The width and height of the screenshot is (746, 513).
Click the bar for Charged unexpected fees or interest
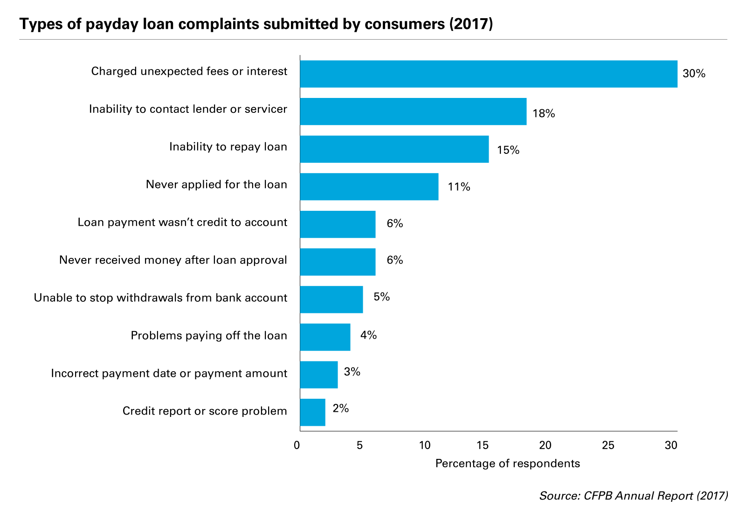488,74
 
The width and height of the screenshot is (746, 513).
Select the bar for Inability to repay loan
394,149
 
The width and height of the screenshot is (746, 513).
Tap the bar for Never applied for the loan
369,187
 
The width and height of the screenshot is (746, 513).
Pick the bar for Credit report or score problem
312,412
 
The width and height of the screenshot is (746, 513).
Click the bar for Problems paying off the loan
325,337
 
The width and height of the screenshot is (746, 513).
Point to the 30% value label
694,74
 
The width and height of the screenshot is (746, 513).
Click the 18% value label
544,113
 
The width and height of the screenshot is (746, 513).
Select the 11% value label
459,187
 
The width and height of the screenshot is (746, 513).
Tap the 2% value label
340,409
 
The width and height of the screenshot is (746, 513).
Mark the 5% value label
381,297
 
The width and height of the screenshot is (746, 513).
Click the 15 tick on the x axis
483,445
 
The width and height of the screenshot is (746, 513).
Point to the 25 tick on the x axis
608,445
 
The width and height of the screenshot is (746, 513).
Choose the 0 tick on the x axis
297,445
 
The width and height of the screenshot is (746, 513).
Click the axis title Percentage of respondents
507,464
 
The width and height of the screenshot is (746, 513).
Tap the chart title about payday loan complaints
256,24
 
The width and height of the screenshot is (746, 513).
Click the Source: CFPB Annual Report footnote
633,495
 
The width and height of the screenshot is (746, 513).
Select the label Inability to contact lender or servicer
188,109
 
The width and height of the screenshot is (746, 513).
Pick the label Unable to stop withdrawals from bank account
160,298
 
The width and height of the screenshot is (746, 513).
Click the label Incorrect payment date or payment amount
169,374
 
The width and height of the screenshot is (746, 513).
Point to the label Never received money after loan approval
173,260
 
